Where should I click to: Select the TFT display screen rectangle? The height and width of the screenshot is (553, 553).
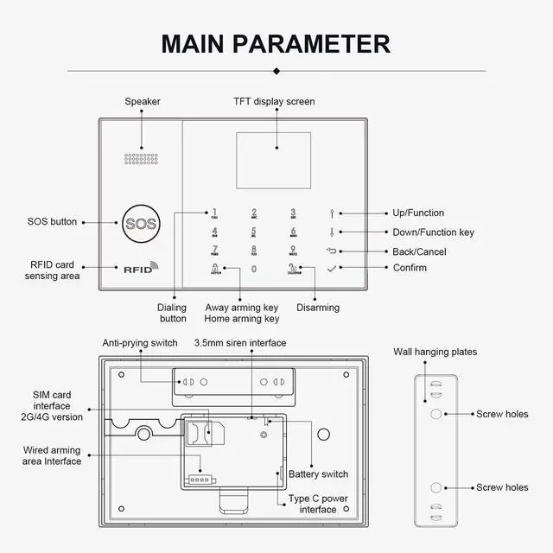[273, 161]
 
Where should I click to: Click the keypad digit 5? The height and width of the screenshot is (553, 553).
[254, 231]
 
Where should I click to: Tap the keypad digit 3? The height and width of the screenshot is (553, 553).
[293, 213]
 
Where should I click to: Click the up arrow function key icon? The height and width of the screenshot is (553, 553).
[332, 213]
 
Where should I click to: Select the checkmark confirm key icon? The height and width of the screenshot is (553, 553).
[332, 268]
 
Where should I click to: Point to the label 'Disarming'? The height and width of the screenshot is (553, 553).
[318, 308]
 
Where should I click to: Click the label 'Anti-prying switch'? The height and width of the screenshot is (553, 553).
[140, 343]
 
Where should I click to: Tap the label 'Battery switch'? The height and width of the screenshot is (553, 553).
[319, 474]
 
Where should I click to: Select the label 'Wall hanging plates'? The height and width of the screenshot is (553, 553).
[435, 352]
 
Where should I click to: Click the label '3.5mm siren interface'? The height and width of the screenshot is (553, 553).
[240, 343]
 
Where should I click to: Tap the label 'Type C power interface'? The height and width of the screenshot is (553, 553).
[319, 505]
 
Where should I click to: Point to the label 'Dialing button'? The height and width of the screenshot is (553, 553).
[172, 313]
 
